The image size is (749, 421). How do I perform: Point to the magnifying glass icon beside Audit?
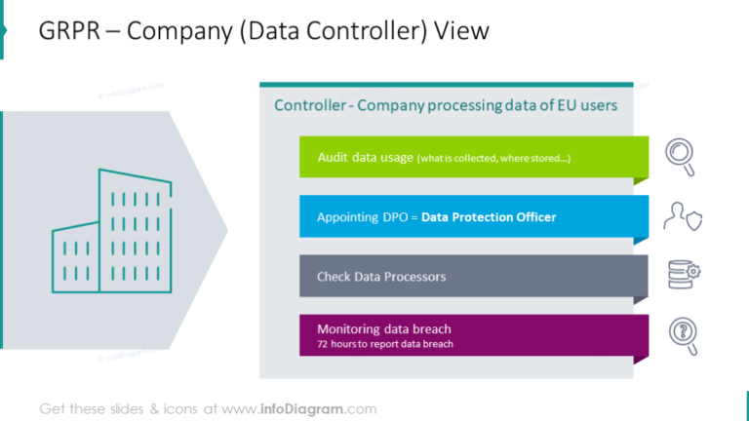point(680,157)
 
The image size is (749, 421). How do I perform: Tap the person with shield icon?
point(681,216)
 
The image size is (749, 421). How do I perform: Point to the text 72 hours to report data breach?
point(385,344)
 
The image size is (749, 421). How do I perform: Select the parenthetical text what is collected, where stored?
point(493,158)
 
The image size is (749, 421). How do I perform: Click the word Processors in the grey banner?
point(414,277)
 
